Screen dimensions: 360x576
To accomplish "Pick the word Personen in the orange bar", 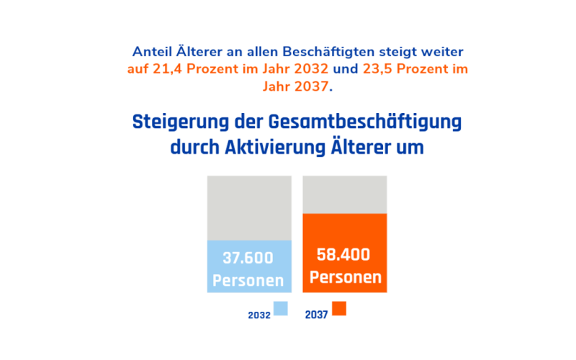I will [345, 277].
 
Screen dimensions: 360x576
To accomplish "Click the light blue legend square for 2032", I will [281, 308].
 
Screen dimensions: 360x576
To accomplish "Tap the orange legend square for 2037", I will [339, 308].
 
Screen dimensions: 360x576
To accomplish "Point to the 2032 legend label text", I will [259, 315].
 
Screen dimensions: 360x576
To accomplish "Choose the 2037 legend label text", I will [317, 315].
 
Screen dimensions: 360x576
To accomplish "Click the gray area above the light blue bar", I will [249, 207].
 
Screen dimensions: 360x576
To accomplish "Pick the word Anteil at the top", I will [153, 52].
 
